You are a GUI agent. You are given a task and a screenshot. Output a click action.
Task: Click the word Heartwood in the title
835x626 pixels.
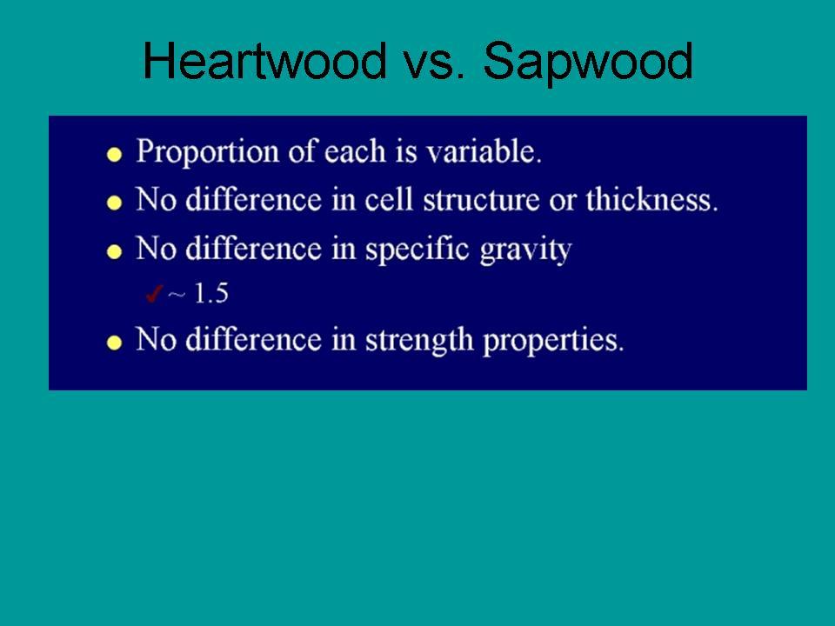[264, 60]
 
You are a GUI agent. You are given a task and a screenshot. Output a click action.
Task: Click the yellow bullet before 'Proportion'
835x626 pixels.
[114, 155]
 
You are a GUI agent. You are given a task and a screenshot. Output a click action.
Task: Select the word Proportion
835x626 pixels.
[207, 151]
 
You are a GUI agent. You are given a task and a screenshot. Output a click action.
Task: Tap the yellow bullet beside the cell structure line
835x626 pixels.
[114, 203]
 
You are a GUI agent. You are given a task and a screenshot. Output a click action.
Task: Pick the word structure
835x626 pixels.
[481, 200]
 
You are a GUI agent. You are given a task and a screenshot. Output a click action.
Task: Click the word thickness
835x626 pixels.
[652, 200]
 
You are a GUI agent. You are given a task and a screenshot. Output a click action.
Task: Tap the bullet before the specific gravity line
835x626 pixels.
[114, 251]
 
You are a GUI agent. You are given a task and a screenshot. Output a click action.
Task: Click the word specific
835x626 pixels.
[417, 250]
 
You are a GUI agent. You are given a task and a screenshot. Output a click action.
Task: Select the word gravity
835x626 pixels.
[525, 250]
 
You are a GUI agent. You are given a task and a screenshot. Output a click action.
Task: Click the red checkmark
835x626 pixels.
[153, 293]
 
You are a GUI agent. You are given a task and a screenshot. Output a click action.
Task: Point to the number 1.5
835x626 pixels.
[210, 293]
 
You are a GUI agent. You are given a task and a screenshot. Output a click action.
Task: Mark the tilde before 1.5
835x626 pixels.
[177, 294]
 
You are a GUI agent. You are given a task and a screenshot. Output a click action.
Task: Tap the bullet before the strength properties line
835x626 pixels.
[114, 342]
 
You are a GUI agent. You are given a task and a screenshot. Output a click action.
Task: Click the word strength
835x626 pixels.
[418, 340]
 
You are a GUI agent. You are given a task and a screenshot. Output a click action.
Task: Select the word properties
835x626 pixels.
[553, 341]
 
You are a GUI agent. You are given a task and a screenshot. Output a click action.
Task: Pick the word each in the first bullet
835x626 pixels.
[355, 151]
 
